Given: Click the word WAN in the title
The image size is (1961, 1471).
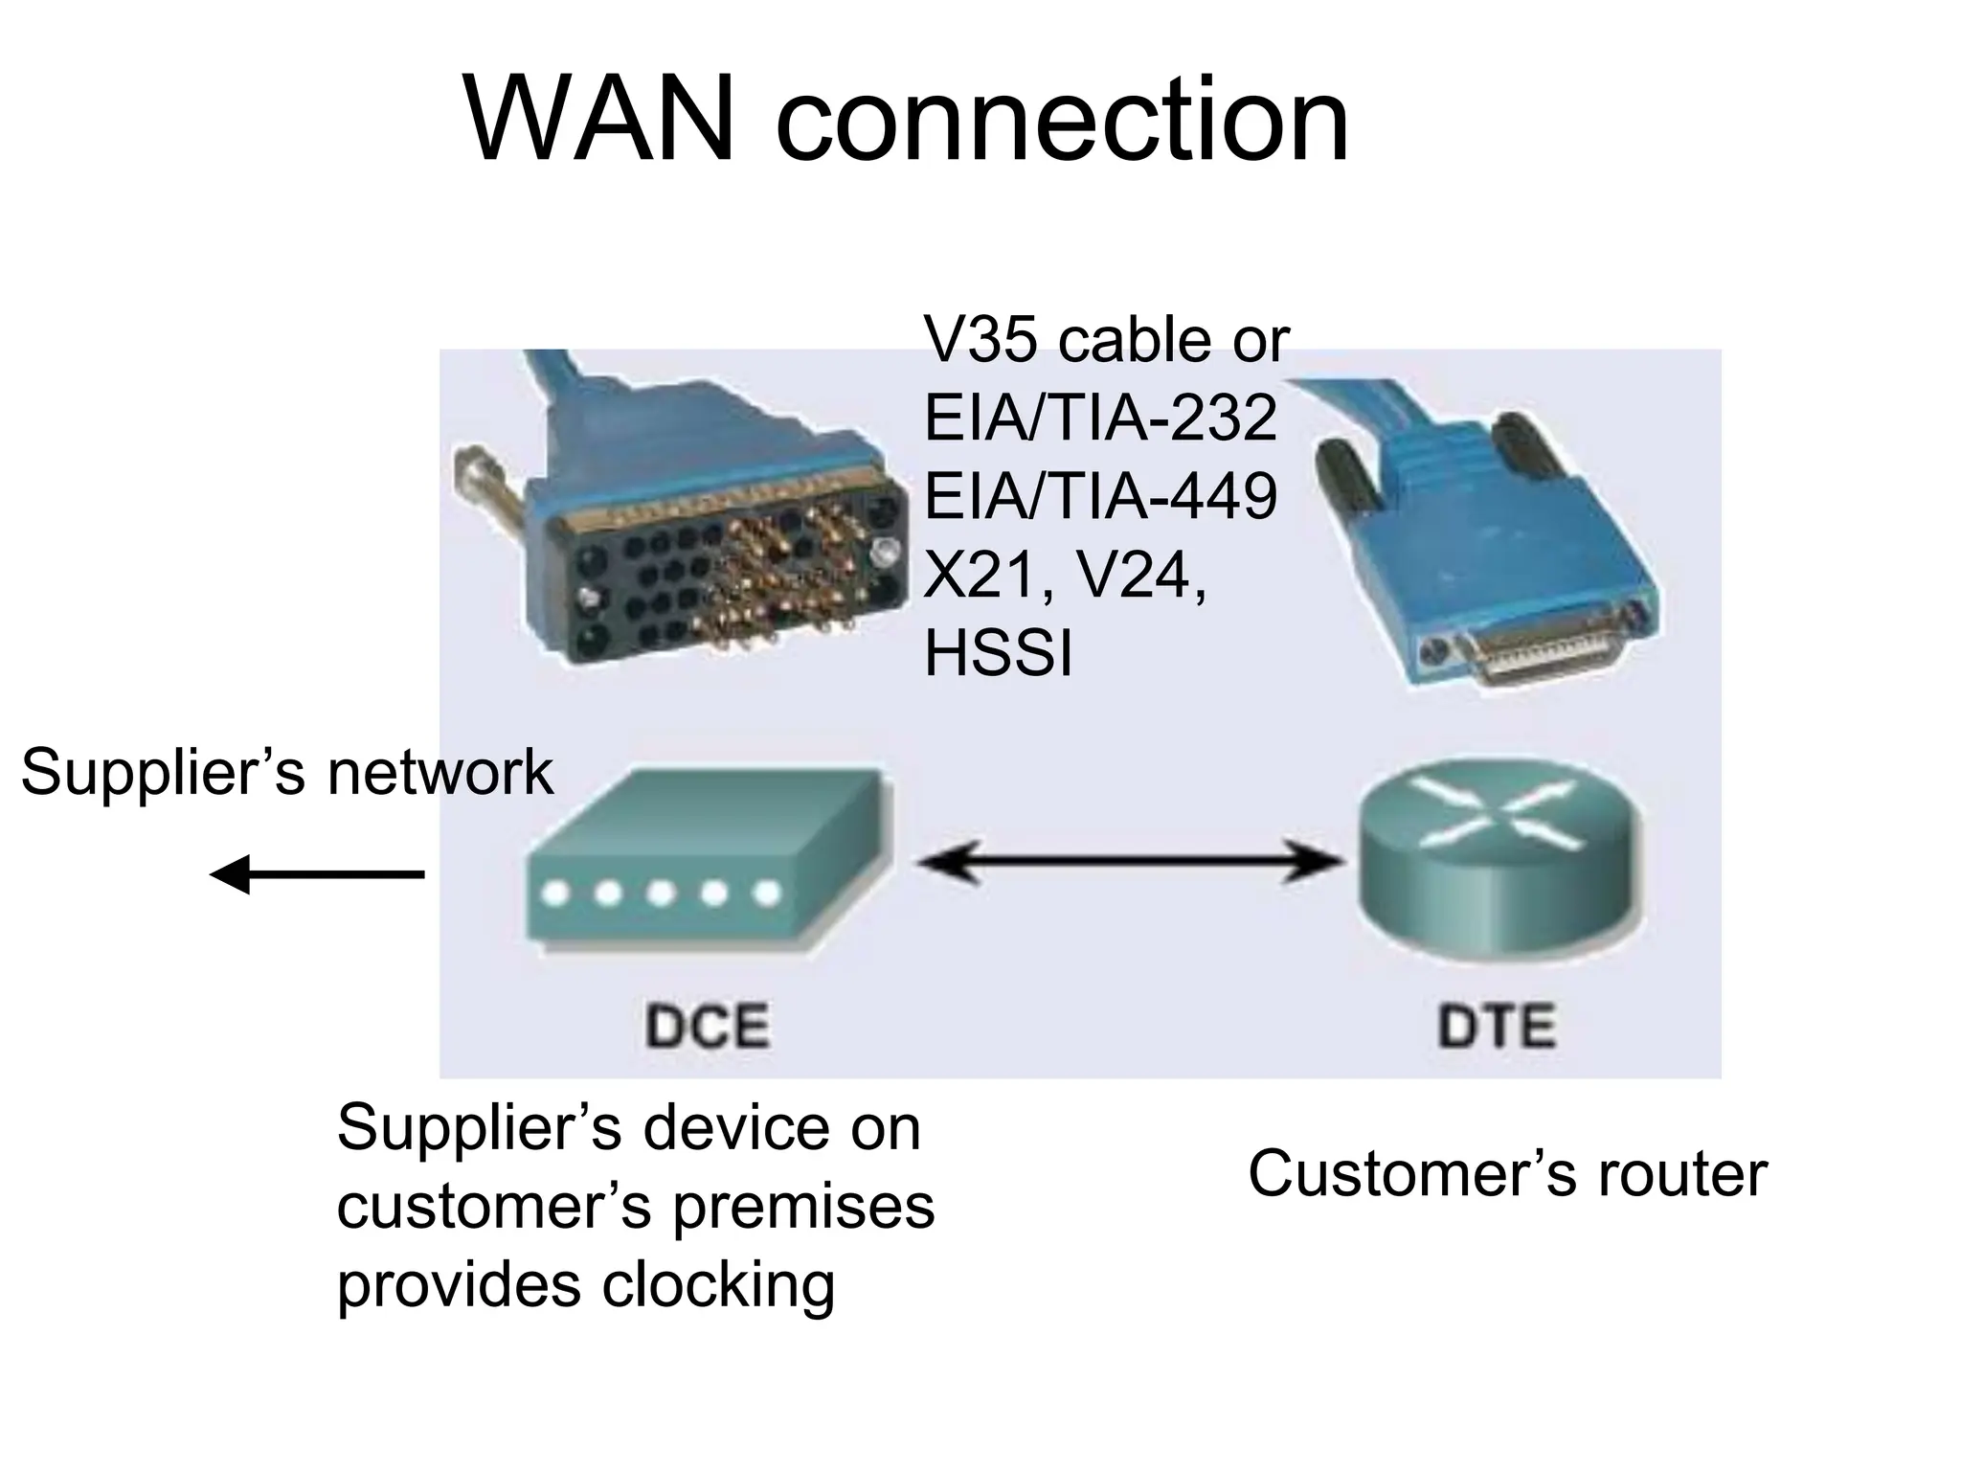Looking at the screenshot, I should (600, 123).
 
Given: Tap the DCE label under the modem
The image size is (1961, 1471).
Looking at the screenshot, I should (707, 1027).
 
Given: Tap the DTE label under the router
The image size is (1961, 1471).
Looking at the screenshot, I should (1497, 1027).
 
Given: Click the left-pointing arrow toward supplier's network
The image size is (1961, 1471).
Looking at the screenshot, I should (317, 873).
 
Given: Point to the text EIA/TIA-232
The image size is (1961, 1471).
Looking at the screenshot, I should (1100, 418).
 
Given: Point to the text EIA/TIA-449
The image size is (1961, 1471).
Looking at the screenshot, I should (1100, 496).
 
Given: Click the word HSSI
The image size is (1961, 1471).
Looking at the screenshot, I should (998, 653).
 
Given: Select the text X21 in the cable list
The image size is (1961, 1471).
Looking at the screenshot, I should (981, 576).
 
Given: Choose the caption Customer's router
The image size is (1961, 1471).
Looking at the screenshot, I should (1507, 1174).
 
